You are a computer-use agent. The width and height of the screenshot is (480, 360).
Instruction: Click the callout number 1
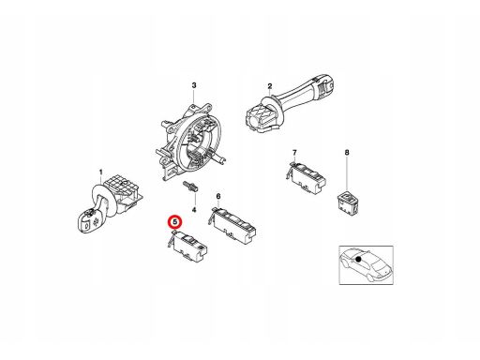[100, 172]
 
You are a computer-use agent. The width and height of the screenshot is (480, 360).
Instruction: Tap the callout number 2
[270, 86]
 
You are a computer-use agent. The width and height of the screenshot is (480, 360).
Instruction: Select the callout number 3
[194, 85]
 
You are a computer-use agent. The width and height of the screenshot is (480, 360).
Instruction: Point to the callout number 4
[194, 210]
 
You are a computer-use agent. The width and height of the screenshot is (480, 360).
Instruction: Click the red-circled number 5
[175, 222]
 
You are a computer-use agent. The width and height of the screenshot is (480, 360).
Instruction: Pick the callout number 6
[218, 196]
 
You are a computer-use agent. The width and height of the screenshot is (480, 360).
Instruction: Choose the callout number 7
[294, 153]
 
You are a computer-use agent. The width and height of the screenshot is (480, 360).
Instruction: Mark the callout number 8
[347, 153]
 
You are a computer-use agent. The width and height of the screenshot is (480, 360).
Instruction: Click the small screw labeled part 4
[190, 187]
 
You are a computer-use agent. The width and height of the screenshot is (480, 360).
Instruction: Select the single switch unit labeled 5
[188, 247]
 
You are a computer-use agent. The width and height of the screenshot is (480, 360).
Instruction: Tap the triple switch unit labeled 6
[232, 226]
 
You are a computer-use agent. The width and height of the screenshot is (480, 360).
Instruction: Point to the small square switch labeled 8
[348, 203]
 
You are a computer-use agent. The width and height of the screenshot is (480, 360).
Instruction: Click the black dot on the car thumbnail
[358, 259]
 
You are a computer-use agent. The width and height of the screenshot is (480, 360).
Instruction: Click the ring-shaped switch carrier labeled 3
[190, 141]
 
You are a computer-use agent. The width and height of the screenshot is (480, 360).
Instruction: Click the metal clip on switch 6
[212, 216]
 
